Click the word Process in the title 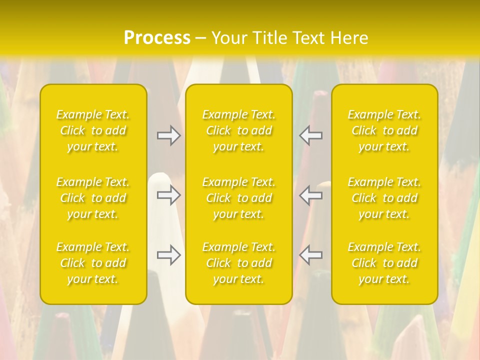(157, 38)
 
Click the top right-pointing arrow (169, 135)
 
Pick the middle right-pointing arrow (169, 195)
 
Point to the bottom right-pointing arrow (169, 255)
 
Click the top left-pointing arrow (311, 135)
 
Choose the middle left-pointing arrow (311, 195)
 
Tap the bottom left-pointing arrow (311, 255)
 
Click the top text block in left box (93, 130)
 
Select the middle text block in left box (93, 198)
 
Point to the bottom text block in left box (93, 263)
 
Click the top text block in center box (239, 130)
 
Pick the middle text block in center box (239, 198)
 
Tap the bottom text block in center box (239, 263)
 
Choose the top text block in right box (384, 130)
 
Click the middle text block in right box (384, 198)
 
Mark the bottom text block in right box (384, 263)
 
